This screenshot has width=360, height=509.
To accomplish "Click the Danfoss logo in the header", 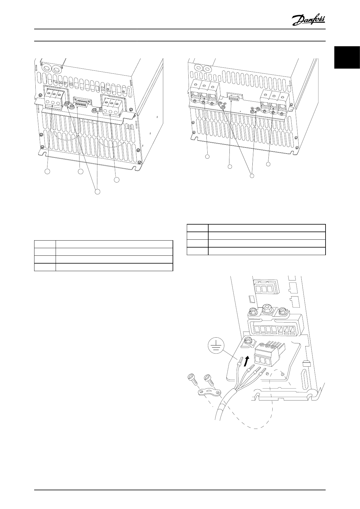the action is click(x=309, y=21).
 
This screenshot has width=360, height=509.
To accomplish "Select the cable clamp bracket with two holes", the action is click(x=207, y=393).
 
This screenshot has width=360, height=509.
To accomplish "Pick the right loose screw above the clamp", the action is click(x=208, y=378).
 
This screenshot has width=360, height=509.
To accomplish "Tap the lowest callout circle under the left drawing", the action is click(x=97, y=192).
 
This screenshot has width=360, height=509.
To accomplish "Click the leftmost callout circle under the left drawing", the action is click(x=47, y=171).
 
